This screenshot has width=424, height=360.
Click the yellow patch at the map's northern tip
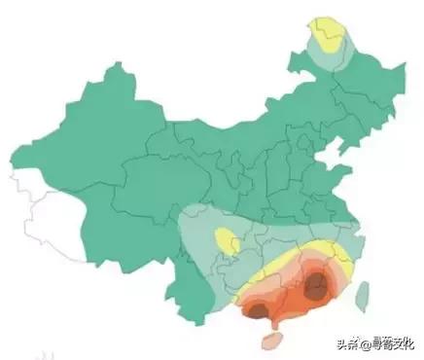point(327,35)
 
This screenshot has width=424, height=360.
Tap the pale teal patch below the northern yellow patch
point(330,60)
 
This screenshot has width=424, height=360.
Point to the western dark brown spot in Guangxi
point(257,310)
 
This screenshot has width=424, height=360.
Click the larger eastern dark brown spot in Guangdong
point(316,286)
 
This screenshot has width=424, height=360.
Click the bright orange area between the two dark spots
point(286,296)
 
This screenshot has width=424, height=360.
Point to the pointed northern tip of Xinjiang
point(120,65)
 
